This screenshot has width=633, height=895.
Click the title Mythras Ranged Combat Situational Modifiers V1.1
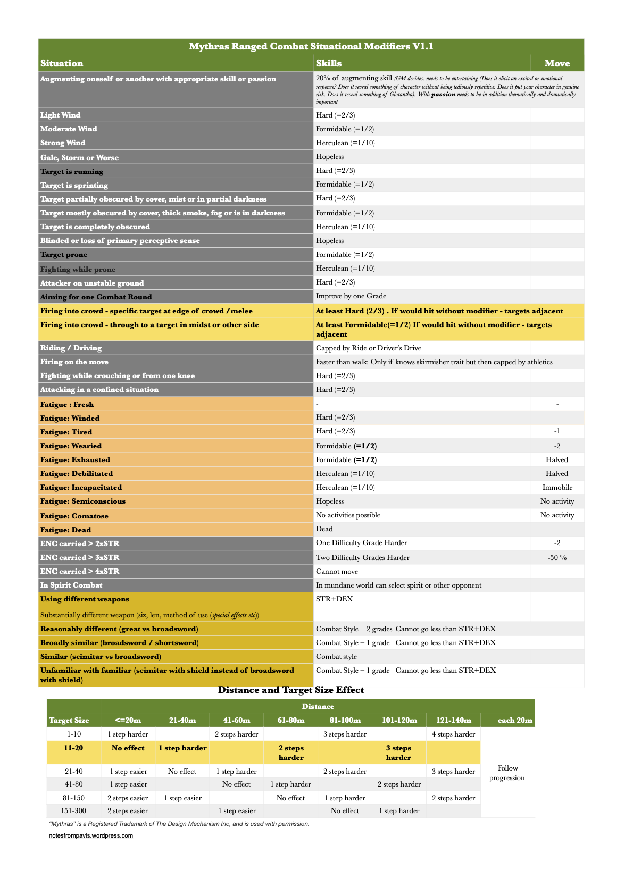(x=311, y=47)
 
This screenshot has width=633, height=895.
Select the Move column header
(x=557, y=63)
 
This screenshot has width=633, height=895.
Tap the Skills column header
(x=329, y=63)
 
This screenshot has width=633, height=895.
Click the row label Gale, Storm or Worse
(x=80, y=157)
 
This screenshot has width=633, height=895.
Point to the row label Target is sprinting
(x=74, y=185)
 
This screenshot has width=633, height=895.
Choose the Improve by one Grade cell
(x=351, y=296)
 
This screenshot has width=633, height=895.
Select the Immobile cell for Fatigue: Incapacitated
(x=557, y=488)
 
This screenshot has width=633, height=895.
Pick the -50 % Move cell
(x=557, y=558)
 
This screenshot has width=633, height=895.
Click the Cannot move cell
(x=337, y=572)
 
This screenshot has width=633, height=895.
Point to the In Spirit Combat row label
(x=72, y=585)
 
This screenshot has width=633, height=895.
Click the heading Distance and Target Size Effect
(x=291, y=690)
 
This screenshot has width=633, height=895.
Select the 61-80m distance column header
(x=291, y=721)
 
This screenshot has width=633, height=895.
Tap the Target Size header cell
(x=69, y=721)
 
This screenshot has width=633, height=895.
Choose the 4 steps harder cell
(x=453, y=734)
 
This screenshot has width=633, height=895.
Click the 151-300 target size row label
(x=74, y=811)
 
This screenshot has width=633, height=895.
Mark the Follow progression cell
(x=507, y=773)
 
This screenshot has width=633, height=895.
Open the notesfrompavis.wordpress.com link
(x=91, y=835)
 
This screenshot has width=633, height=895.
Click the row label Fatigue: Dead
(x=66, y=530)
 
